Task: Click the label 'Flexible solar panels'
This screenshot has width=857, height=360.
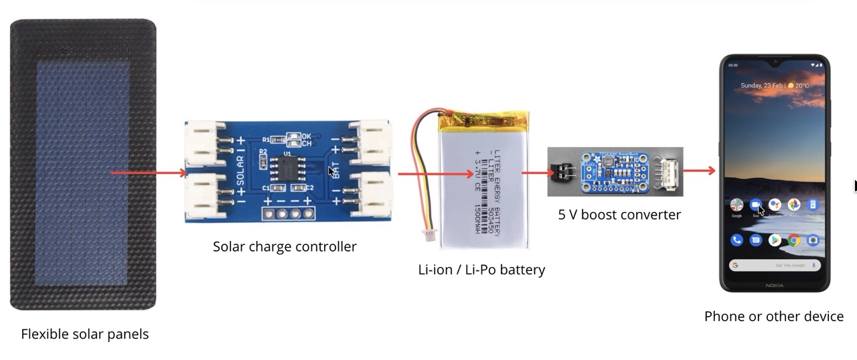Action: click(x=84, y=334)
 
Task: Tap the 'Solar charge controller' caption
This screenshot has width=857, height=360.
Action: click(x=285, y=246)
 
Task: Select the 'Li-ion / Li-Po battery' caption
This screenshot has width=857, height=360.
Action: click(x=481, y=270)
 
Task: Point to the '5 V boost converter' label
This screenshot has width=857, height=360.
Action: click(x=619, y=215)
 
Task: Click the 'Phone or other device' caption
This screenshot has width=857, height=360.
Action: click(x=773, y=317)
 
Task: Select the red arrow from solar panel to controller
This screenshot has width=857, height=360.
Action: click(x=149, y=173)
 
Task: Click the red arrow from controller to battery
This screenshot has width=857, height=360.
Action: click(x=435, y=174)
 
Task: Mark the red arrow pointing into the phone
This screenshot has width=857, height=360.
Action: click(x=700, y=171)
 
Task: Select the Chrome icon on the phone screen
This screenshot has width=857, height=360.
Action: click(x=793, y=240)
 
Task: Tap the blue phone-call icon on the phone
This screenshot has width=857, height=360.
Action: click(x=736, y=240)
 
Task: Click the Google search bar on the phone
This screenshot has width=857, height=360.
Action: click(x=775, y=266)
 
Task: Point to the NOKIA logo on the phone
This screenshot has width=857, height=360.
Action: click(x=774, y=286)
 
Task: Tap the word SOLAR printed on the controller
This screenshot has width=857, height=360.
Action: click(x=240, y=171)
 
